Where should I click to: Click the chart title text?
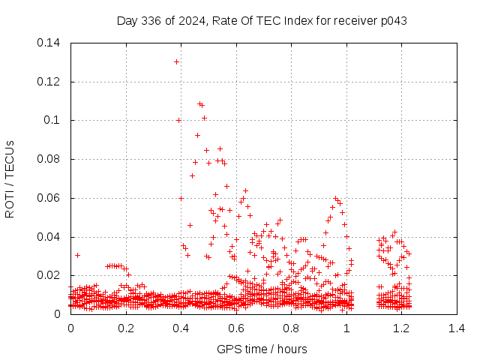262,20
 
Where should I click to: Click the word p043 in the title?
392,20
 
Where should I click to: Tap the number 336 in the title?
158,20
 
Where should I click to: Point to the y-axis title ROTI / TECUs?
10,178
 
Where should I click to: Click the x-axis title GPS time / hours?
262,349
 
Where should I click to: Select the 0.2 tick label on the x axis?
126,328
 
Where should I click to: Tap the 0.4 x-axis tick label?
181,328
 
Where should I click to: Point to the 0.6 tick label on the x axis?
236,328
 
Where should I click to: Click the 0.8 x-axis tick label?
291,328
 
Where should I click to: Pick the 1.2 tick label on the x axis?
401,328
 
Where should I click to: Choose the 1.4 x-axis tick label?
457,328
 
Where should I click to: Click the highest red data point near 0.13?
176,61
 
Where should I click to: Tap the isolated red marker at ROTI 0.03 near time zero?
77,255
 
